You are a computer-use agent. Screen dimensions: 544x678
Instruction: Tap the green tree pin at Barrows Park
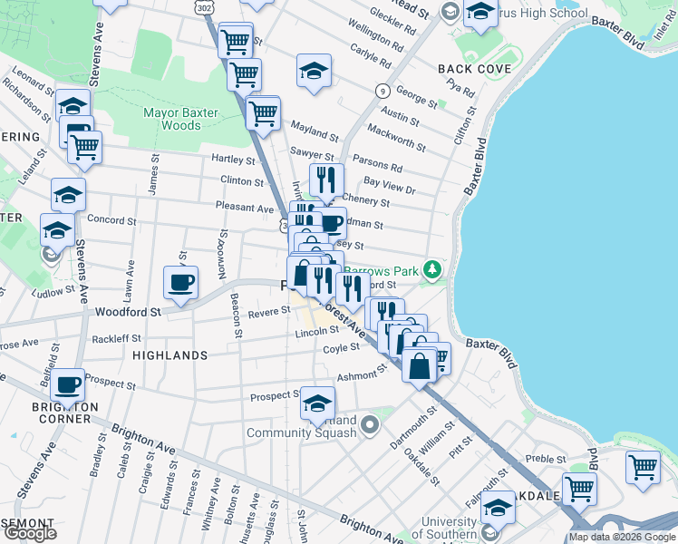click(x=434, y=268)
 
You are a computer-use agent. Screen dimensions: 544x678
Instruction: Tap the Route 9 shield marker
click(x=383, y=91)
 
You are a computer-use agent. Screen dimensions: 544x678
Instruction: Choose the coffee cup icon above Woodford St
click(x=180, y=282)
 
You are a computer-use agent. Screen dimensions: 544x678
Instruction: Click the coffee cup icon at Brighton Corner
click(x=68, y=384)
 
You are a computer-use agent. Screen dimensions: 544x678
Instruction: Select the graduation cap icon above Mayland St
click(x=314, y=71)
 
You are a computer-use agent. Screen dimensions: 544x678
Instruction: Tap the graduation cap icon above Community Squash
click(x=317, y=403)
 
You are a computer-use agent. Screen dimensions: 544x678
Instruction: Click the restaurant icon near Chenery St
click(x=327, y=180)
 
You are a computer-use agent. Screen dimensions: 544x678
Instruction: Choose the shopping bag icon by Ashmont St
click(x=420, y=365)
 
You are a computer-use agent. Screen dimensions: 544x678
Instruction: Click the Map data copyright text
click(x=621, y=537)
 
